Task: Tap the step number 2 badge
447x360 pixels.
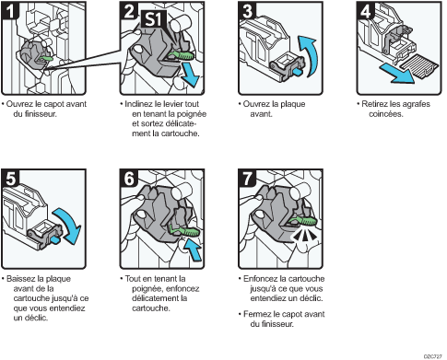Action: click(130, 11)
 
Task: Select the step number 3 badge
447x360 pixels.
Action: click(246, 11)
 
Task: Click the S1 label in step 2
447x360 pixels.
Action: click(155, 16)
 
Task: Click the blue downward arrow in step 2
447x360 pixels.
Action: click(190, 72)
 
